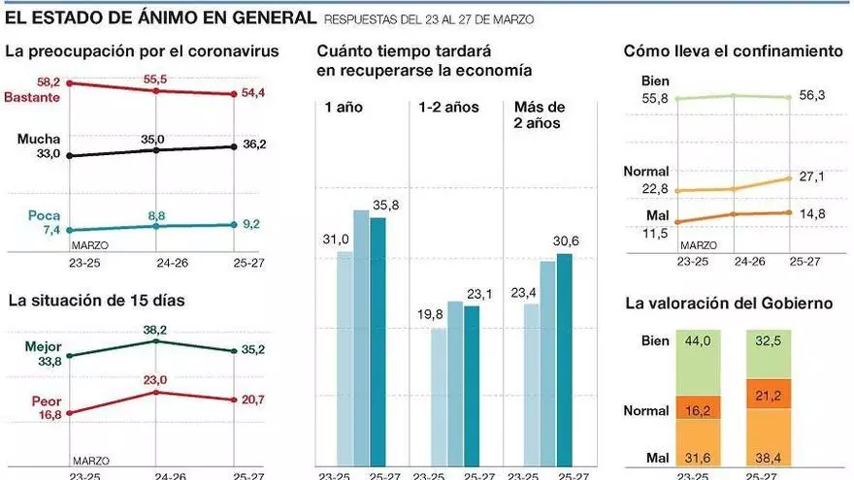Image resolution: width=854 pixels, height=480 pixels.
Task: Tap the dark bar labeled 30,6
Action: [x=564, y=359]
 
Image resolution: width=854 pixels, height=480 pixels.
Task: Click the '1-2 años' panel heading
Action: [x=447, y=108]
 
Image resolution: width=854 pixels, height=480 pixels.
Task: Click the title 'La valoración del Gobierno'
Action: [x=728, y=304]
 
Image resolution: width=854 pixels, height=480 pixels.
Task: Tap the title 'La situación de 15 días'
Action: [x=96, y=301]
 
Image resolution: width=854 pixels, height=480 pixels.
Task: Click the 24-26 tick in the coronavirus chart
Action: [x=156, y=261]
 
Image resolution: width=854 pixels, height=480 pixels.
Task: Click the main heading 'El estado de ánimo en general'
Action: [x=160, y=17]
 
